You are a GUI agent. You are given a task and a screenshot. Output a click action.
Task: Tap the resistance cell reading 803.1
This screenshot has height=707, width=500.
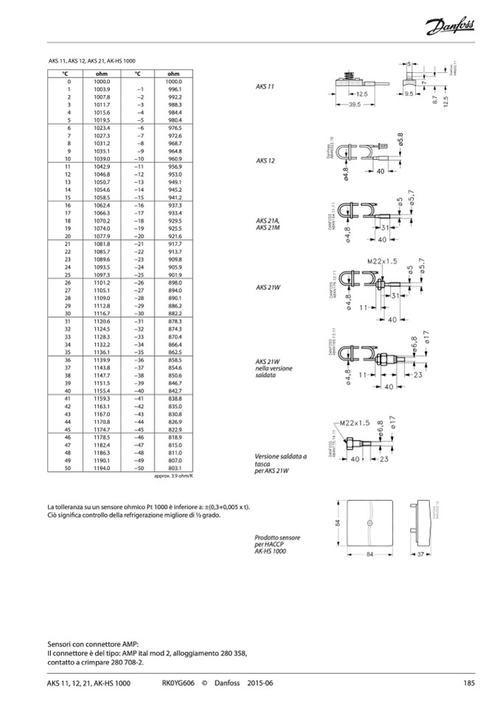(174, 468)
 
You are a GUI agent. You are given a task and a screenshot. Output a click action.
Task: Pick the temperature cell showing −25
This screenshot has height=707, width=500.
(137, 274)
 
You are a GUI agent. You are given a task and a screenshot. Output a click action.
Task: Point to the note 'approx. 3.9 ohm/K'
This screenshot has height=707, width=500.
(173, 476)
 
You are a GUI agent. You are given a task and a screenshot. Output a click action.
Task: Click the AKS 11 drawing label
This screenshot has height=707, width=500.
(265, 86)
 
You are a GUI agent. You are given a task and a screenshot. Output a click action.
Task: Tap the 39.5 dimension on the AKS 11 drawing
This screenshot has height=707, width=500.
(354, 105)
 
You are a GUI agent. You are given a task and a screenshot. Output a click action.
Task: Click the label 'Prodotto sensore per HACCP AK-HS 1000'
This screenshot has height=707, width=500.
(270, 545)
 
